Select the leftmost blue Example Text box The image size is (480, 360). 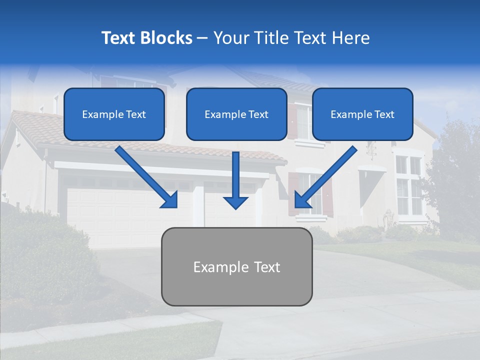pos(114,114)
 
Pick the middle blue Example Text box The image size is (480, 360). pos(236,114)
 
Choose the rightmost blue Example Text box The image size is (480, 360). pos(362,114)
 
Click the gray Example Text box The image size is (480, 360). pos(236,266)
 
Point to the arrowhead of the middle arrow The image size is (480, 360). pos(235,202)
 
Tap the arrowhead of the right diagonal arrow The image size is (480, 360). pos(302,200)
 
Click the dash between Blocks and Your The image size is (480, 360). pos(202,38)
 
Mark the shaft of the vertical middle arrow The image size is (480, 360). pos(235,172)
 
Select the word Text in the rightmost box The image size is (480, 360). pos(384,114)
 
